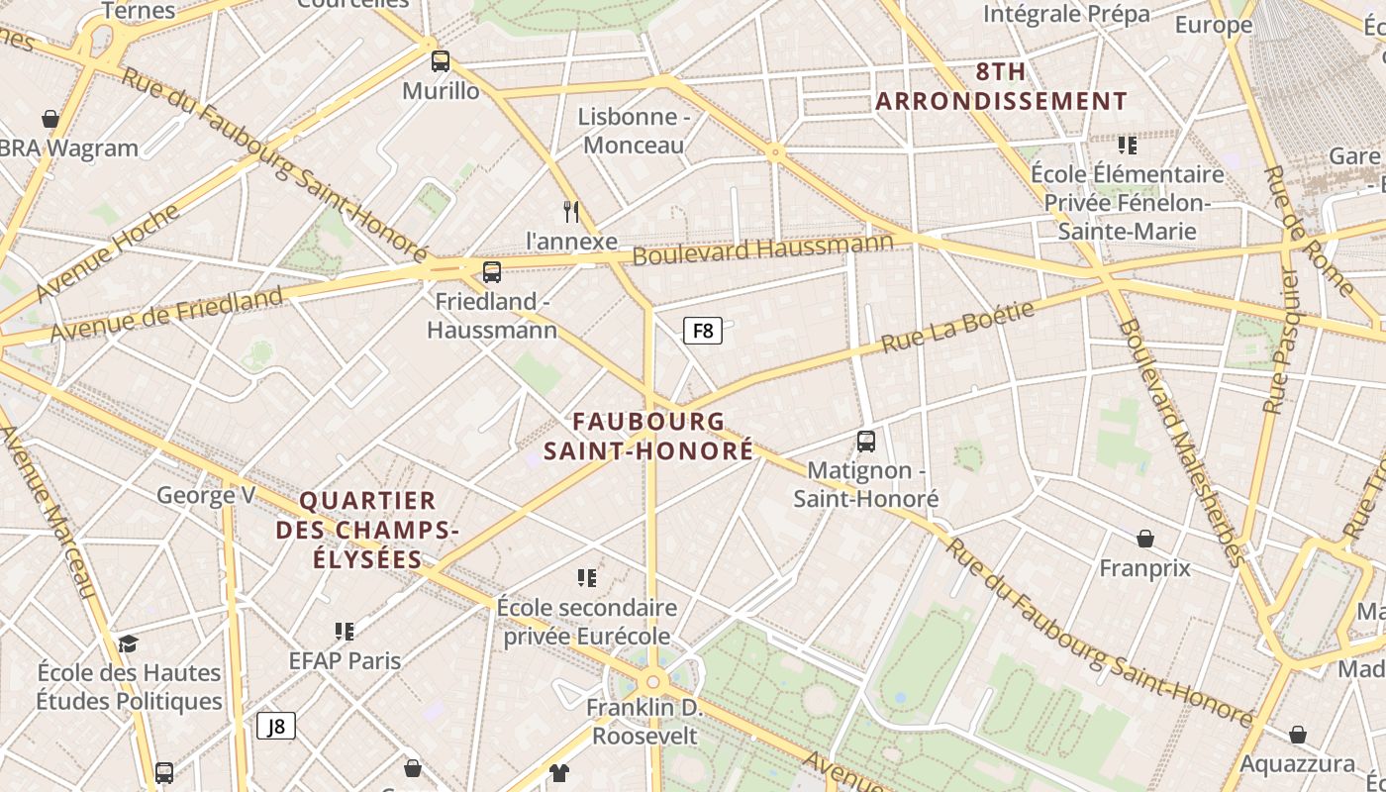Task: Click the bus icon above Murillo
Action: (x=441, y=61)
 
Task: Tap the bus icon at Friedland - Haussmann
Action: (x=491, y=271)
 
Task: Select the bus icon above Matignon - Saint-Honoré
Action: (x=866, y=441)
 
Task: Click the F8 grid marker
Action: (x=703, y=331)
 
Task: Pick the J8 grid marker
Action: (x=276, y=726)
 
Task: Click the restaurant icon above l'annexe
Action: (x=571, y=211)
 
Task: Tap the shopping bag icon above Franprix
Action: (x=1145, y=539)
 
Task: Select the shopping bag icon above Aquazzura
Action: (x=1297, y=735)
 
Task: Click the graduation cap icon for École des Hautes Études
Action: (x=129, y=644)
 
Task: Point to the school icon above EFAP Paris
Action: (x=345, y=631)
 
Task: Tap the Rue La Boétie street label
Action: (x=957, y=328)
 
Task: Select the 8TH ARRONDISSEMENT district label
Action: (x=1001, y=86)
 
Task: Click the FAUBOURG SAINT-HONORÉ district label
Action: (x=662, y=436)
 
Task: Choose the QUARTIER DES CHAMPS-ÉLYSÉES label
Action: (x=367, y=530)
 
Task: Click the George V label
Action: (x=206, y=494)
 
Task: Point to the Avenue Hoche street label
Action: (x=108, y=253)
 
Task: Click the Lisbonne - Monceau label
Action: (x=634, y=131)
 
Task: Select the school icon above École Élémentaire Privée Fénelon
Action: (x=1127, y=146)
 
